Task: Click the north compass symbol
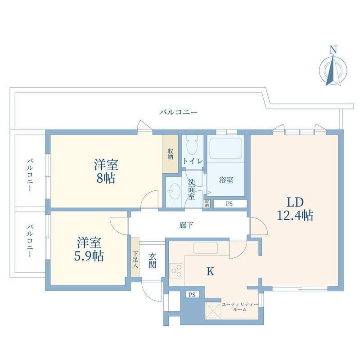click(333, 70)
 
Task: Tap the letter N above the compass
click(333, 49)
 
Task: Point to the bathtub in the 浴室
click(226, 148)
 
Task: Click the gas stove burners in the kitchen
click(176, 271)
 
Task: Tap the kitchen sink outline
click(206, 248)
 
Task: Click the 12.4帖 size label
click(295, 216)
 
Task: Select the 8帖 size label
click(106, 178)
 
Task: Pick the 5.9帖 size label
click(89, 256)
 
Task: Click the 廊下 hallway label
click(186, 225)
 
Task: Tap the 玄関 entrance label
click(152, 261)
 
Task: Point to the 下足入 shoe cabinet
click(135, 257)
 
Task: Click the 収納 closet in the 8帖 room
click(171, 154)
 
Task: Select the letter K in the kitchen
click(210, 272)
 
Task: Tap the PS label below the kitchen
click(192, 295)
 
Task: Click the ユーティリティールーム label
click(239, 307)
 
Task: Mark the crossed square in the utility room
click(213, 311)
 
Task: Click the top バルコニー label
click(178, 112)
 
